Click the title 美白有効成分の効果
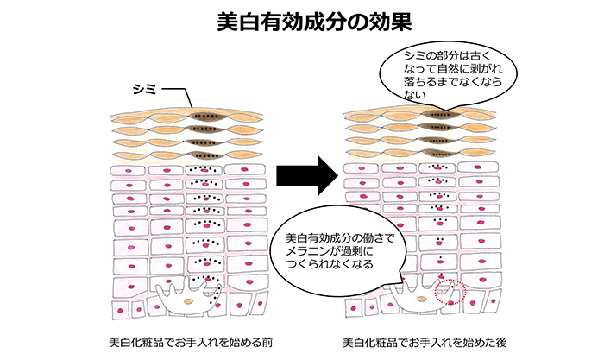302,20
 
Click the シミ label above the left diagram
143,87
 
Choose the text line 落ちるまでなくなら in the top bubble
456,85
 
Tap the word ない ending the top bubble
415,98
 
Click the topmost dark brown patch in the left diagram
204,114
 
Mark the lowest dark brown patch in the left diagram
204,155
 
